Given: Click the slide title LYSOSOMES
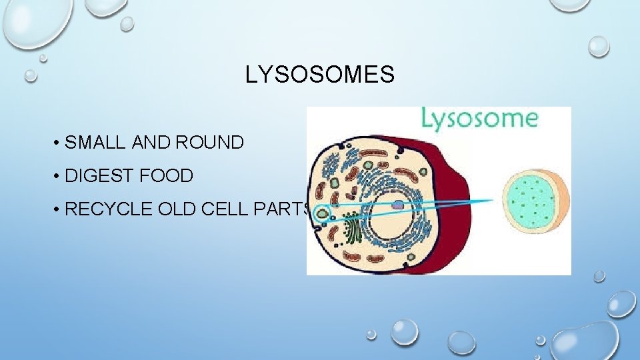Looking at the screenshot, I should point(319,75).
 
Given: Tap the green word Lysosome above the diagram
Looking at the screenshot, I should point(478,119).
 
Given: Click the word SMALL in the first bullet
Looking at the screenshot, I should point(96,143).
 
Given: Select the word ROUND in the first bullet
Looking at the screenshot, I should point(209,143).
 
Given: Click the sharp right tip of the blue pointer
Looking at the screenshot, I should point(493,199).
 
